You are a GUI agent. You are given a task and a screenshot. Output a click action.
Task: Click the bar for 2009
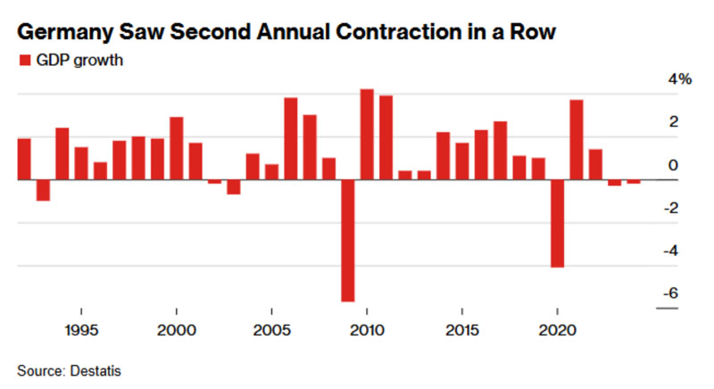[x=348, y=241]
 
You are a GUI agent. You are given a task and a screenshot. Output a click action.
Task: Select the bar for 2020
[x=557, y=224]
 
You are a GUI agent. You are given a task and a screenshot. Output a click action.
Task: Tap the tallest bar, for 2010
[x=367, y=135]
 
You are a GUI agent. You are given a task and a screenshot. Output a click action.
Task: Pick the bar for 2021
[x=577, y=140]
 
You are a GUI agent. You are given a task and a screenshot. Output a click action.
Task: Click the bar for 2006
[x=291, y=139]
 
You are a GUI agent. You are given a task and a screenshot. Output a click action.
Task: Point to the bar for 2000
[x=177, y=149]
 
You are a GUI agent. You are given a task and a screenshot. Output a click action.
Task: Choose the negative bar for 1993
[x=43, y=190]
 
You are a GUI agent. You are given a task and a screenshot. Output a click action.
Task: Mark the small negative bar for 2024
[x=634, y=182]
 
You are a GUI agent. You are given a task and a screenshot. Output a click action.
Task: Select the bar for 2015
[x=462, y=161]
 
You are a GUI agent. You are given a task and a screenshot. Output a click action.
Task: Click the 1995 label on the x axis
[x=81, y=330]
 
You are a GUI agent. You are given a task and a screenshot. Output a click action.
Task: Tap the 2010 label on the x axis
[x=367, y=330]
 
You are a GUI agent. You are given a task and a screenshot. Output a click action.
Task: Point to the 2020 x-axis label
[x=557, y=330]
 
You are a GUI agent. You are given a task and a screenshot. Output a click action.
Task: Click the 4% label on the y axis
[x=680, y=79]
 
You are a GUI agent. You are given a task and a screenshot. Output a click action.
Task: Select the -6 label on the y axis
[x=671, y=293]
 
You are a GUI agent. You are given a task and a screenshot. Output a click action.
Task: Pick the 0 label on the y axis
[x=673, y=165]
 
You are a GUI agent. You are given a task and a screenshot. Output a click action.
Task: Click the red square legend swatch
[x=25, y=60]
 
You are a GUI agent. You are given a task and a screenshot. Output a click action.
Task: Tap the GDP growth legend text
[x=79, y=61]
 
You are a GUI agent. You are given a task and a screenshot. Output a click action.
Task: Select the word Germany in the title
[x=65, y=33]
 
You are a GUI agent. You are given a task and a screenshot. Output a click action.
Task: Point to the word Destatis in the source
[x=95, y=371]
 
